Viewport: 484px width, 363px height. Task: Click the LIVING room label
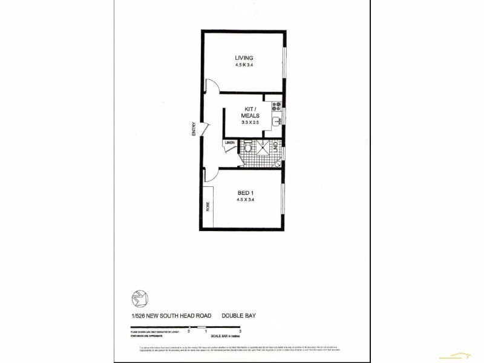point(244,58)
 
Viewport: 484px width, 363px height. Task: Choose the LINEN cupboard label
point(230,143)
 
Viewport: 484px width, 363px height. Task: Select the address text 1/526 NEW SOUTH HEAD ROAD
point(168,315)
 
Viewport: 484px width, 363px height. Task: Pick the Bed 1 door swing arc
point(212,174)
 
